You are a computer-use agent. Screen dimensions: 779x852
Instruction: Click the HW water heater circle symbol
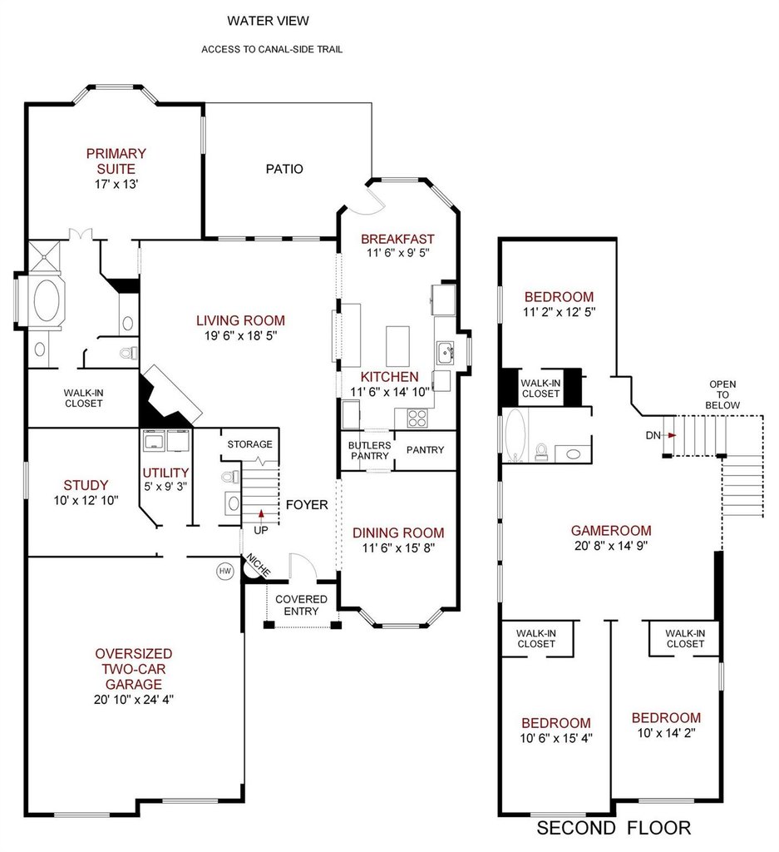click(224, 571)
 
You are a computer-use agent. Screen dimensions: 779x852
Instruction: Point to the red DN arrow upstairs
click(672, 435)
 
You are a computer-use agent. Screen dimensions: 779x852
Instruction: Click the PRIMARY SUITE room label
click(116, 161)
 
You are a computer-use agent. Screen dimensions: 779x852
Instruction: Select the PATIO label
click(284, 169)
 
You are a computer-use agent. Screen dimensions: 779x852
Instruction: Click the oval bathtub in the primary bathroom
click(47, 300)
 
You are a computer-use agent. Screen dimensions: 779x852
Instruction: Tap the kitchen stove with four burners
click(417, 418)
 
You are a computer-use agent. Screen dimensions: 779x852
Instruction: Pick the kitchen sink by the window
click(446, 353)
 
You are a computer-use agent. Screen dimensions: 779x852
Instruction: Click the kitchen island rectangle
click(397, 346)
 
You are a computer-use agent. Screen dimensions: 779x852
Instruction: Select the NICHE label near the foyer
click(258, 565)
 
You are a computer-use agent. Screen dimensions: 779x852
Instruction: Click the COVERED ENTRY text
click(301, 605)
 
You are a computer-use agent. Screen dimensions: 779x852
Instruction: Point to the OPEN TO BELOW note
click(722, 394)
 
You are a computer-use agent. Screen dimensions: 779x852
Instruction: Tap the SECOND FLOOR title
click(614, 828)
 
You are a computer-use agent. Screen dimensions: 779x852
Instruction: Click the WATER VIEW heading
click(269, 21)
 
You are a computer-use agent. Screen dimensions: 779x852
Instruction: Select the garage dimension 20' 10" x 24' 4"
click(134, 699)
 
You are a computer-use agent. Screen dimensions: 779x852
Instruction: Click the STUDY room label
click(86, 485)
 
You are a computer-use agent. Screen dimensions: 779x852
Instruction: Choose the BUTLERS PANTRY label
click(370, 450)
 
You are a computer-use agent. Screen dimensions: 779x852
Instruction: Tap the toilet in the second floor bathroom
click(541, 452)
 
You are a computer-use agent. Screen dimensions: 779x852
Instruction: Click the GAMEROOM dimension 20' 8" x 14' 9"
click(611, 546)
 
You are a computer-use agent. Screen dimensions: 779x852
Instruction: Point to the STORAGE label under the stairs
click(249, 444)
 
